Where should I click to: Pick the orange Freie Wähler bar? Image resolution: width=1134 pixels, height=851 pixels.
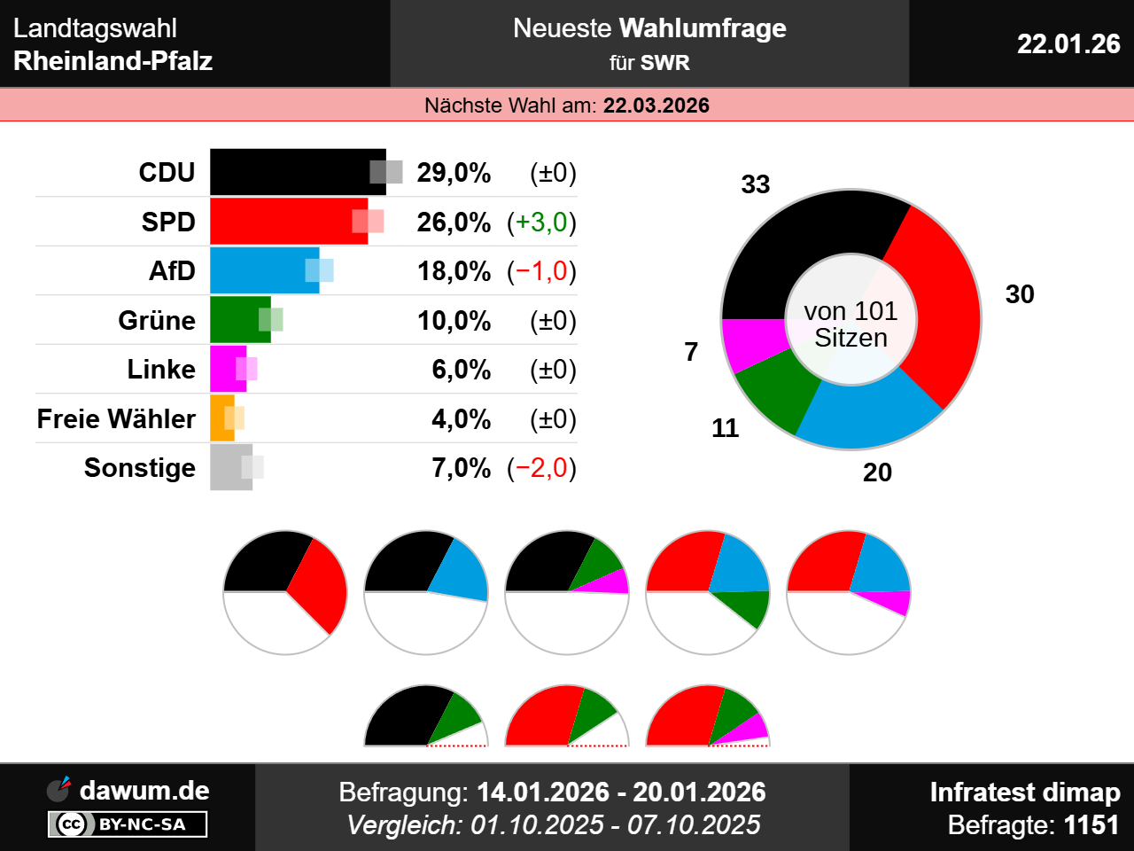click(221, 418)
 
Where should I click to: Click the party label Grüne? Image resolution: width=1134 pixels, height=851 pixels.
click(157, 320)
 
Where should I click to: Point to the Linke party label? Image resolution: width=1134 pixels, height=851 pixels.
click(161, 369)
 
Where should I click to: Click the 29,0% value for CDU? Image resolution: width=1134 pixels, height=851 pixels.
click(454, 173)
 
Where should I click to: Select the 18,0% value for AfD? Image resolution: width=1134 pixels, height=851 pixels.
click(454, 271)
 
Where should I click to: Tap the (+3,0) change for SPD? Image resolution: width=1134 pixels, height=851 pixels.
click(541, 222)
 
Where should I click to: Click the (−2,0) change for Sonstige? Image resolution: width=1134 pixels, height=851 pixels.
click(541, 467)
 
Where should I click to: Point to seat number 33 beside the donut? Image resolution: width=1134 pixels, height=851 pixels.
click(756, 184)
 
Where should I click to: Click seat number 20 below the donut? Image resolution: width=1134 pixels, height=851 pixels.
click(877, 472)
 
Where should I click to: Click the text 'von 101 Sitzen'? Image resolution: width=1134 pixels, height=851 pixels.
click(850, 324)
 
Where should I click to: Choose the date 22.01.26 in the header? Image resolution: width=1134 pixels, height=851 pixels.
click(1068, 43)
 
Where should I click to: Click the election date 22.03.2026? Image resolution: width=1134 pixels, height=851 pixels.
click(656, 105)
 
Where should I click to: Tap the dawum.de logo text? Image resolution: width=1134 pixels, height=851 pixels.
click(144, 790)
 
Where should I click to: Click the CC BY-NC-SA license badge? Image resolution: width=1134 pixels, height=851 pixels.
click(128, 824)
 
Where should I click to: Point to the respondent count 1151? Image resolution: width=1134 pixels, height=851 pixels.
click(1091, 825)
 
